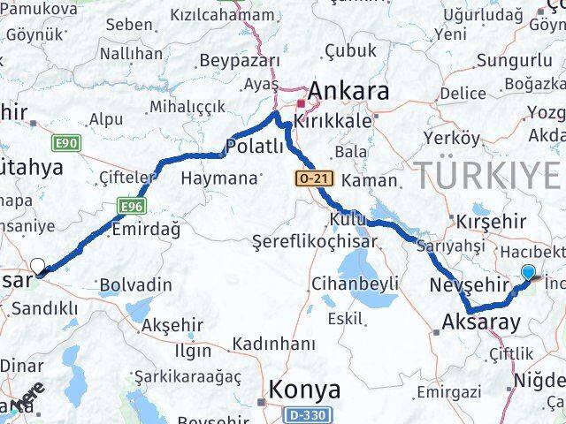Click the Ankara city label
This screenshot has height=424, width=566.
347,91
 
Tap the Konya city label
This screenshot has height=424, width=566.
304,389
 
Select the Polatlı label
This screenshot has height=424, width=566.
255,146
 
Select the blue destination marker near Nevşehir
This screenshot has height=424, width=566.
529,274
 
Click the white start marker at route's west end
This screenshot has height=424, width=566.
37,266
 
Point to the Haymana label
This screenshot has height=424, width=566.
218,178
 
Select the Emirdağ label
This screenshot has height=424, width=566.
146,229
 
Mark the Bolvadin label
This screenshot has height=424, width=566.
135,284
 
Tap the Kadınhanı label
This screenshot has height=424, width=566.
274,343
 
